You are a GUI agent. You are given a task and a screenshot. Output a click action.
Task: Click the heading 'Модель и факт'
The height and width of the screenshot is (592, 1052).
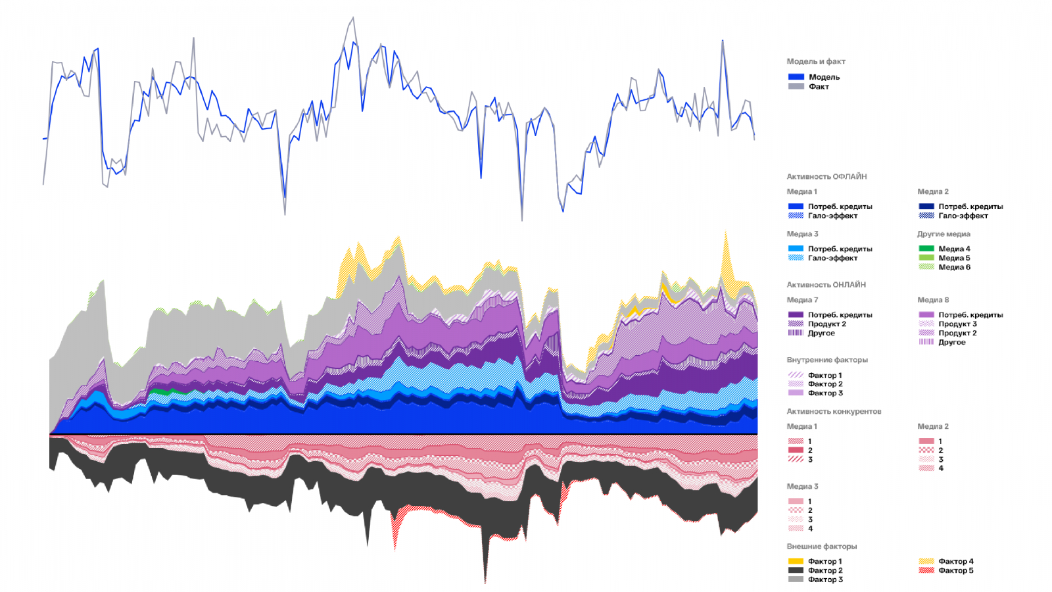click(815, 61)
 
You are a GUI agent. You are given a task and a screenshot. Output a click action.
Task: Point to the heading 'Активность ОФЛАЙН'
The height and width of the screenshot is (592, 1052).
click(826, 176)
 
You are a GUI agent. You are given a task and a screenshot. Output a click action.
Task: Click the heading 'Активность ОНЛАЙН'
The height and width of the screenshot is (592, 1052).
click(826, 285)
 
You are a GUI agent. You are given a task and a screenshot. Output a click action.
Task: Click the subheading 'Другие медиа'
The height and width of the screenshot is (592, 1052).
click(944, 234)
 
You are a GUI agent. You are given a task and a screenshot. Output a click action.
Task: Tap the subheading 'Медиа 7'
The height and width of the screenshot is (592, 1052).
click(802, 300)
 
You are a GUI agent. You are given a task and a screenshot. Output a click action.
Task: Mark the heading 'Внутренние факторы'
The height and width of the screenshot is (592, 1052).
click(827, 360)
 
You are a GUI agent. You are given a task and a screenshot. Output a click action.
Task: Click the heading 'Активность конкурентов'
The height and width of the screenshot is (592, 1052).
click(834, 411)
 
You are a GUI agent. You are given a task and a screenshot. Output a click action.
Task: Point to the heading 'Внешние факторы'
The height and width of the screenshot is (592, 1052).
click(821, 547)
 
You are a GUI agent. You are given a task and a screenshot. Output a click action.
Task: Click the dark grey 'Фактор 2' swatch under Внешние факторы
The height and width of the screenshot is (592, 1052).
click(796, 570)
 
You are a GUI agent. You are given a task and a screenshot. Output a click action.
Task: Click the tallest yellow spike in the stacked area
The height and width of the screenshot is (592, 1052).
click(725, 234)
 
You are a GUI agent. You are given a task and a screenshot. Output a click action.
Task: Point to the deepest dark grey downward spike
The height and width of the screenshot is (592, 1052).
click(485, 581)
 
